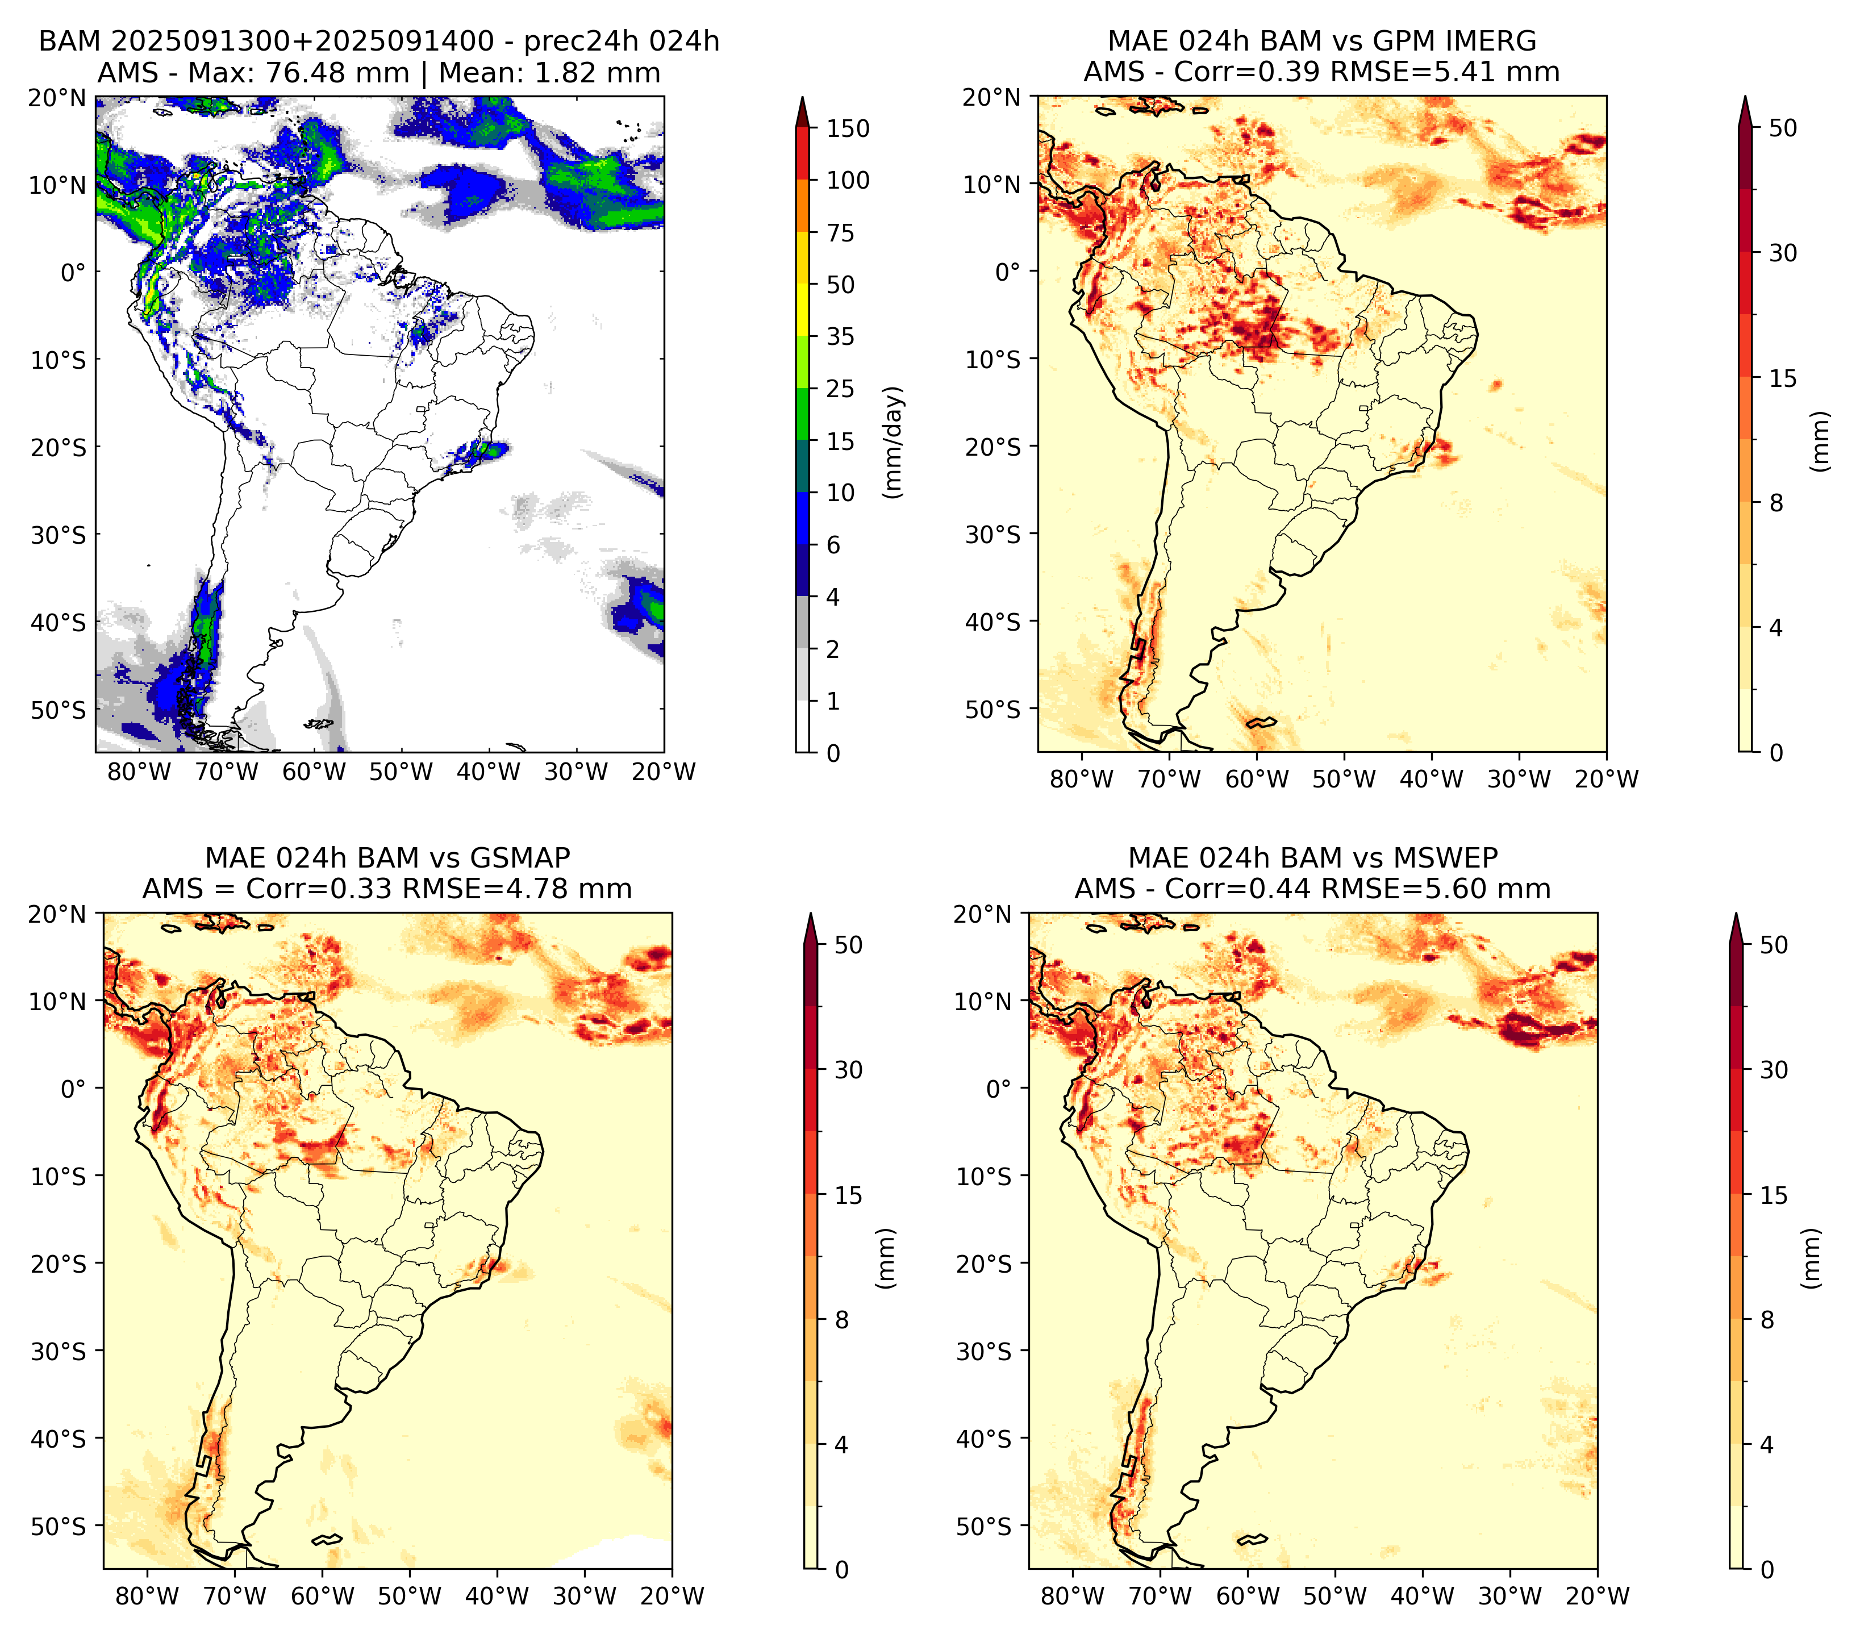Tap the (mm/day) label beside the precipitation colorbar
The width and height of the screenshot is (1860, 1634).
(894, 442)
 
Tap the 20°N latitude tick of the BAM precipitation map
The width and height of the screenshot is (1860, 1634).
(56, 97)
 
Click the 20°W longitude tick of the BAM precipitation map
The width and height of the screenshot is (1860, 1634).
(664, 773)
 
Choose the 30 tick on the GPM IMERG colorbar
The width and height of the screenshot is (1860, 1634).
(1783, 253)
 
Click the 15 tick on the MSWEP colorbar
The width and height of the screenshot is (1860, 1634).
(1774, 1195)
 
